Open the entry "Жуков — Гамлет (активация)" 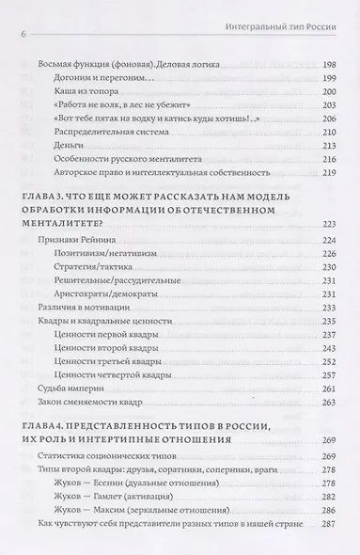pos(140,530)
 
